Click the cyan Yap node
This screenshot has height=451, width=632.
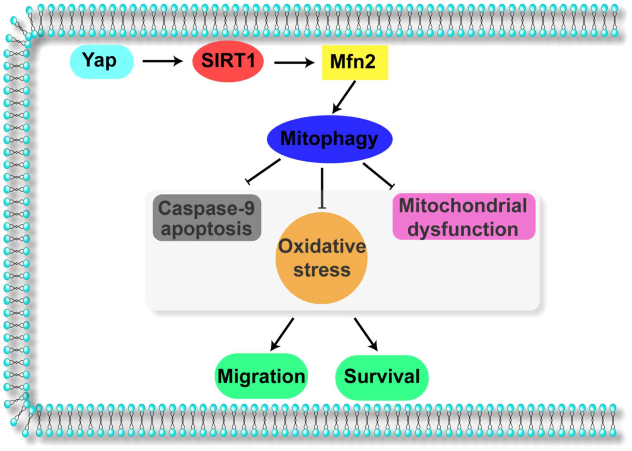(102, 61)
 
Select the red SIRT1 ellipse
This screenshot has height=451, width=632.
(228, 61)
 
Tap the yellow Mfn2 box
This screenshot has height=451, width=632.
(355, 62)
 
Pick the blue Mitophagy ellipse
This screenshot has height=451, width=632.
(330, 139)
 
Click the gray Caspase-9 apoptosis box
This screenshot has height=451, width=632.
(207, 218)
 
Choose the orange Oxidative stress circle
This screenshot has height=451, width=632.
(322, 258)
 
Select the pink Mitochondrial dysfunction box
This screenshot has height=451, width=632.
(464, 216)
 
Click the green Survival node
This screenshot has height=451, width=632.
(382, 377)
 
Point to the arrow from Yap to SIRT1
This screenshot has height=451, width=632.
(163, 61)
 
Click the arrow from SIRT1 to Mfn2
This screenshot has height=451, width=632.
(294, 63)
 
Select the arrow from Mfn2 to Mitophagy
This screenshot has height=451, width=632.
(344, 97)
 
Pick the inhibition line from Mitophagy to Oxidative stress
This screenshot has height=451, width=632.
(322, 188)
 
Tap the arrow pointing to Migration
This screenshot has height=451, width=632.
(282, 335)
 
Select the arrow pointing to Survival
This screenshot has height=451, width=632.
(366, 335)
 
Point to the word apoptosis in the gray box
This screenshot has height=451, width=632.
(206, 229)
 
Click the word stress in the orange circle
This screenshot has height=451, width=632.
(322, 270)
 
